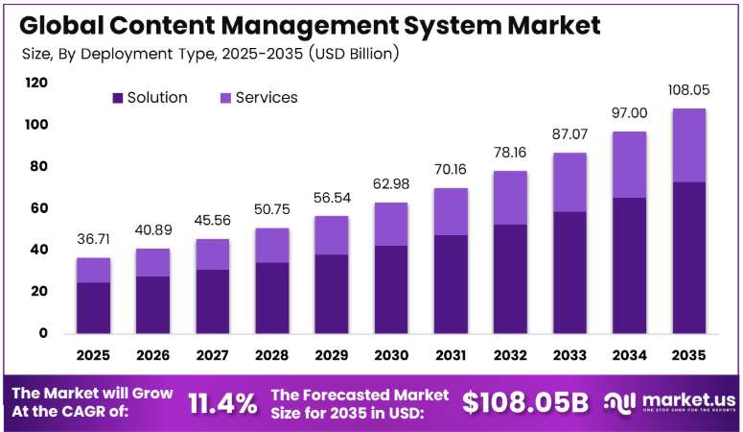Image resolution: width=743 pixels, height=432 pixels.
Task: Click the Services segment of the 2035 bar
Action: [x=688, y=145]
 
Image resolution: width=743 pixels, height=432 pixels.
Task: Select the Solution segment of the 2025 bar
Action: [x=93, y=308]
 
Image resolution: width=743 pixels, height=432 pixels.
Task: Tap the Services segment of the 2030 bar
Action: [x=391, y=224]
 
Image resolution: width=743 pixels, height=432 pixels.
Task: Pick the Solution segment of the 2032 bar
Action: [x=510, y=279]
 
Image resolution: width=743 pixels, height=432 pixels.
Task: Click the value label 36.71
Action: [x=93, y=239]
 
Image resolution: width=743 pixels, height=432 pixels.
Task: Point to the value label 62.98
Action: [x=391, y=183]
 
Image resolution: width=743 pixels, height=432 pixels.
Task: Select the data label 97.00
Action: [x=629, y=113]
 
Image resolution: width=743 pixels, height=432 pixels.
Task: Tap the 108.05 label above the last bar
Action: [x=688, y=89]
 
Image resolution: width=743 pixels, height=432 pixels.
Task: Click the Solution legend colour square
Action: [x=118, y=98]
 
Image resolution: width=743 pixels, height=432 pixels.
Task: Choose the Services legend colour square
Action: [x=225, y=98]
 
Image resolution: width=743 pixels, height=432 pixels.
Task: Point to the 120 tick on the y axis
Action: [x=36, y=83]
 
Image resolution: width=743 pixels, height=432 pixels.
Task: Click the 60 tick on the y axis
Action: [x=39, y=208]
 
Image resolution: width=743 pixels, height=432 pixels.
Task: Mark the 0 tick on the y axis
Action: [x=43, y=333]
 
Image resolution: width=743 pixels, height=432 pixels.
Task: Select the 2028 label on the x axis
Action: [x=271, y=355]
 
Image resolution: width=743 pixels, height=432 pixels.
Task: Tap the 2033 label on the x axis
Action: [x=569, y=355]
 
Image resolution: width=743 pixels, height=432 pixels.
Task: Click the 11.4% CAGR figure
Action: [x=222, y=403]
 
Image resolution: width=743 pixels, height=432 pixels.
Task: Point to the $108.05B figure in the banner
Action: [x=525, y=402]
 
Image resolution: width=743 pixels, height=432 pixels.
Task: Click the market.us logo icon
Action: [x=619, y=403]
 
